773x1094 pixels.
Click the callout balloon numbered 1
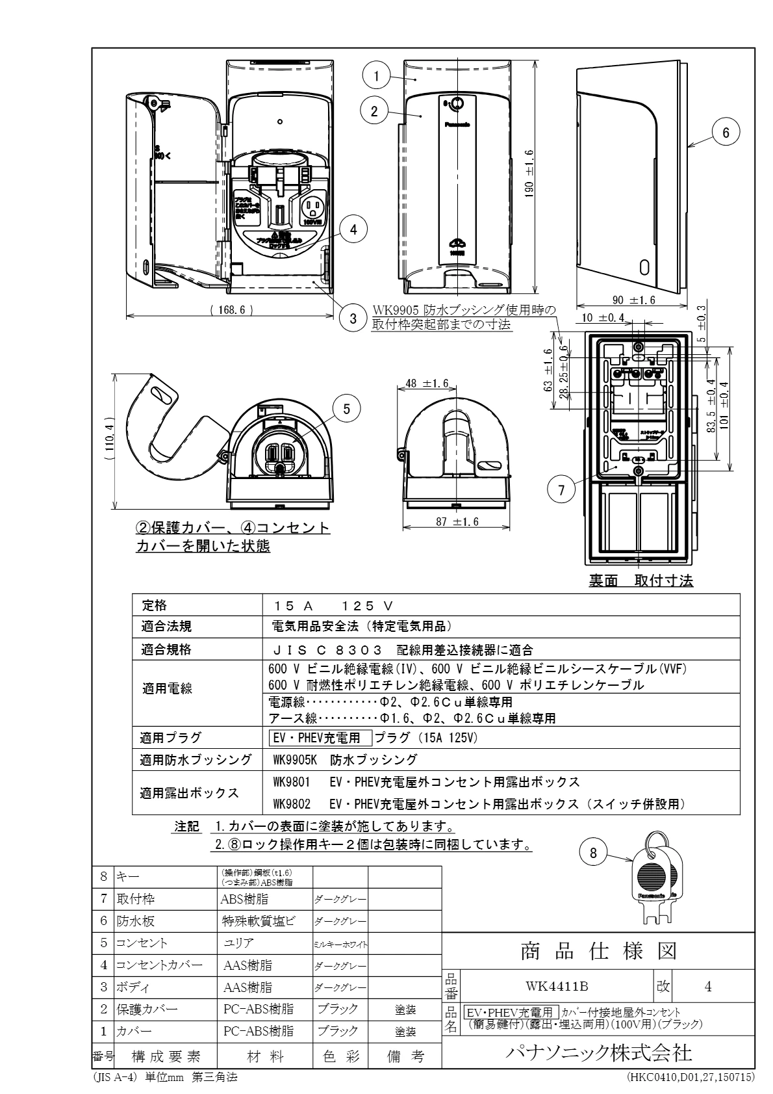coord(376,76)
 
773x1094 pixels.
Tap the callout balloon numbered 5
coord(347,408)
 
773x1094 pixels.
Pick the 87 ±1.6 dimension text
coord(456,522)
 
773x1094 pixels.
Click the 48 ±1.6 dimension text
coord(426,384)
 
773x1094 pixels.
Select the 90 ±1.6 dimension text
coord(633,300)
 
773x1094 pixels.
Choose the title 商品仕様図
coord(598,951)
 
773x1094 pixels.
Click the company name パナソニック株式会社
coord(598,1052)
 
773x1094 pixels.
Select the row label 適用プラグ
coord(171,738)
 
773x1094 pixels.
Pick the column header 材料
coord(264,1056)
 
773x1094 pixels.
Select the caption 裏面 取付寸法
coord(640,580)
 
